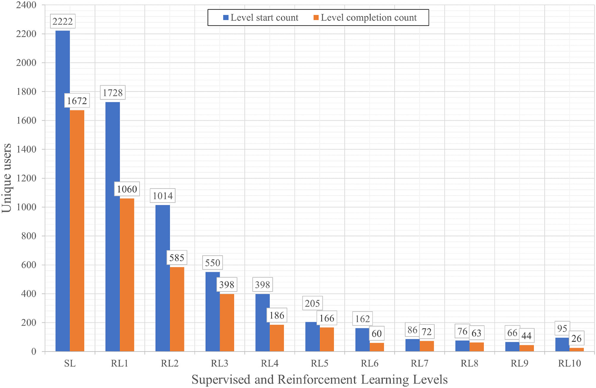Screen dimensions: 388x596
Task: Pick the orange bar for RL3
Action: pyautogui.click(x=227, y=322)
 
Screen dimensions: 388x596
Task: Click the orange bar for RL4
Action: pyautogui.click(x=276, y=338)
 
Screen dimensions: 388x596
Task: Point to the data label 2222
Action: pyautogui.click(x=63, y=22)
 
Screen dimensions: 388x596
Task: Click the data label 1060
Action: pyautogui.click(x=127, y=189)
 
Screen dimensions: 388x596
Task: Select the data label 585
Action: pyautogui.click(x=177, y=258)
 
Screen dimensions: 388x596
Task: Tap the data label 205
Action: pyautogui.click(x=312, y=303)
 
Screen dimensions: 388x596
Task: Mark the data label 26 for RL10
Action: pyautogui.click(x=576, y=339)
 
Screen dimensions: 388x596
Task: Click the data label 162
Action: pyautogui.click(x=362, y=319)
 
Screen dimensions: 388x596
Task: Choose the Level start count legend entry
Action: pyautogui.click(x=261, y=17)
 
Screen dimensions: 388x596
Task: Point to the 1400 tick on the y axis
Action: pyautogui.click(x=26, y=149)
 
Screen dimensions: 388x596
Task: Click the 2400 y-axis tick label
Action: pyautogui.click(x=26, y=5)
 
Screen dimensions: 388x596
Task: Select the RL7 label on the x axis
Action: pyautogui.click(x=419, y=363)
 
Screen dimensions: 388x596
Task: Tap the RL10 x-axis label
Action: pyautogui.click(x=569, y=363)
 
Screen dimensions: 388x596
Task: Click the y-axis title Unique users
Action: pyautogui.click(x=7, y=178)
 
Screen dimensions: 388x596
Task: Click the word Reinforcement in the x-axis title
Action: pyautogui.click(x=317, y=380)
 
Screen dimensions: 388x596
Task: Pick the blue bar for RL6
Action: pyautogui.click(x=362, y=340)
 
